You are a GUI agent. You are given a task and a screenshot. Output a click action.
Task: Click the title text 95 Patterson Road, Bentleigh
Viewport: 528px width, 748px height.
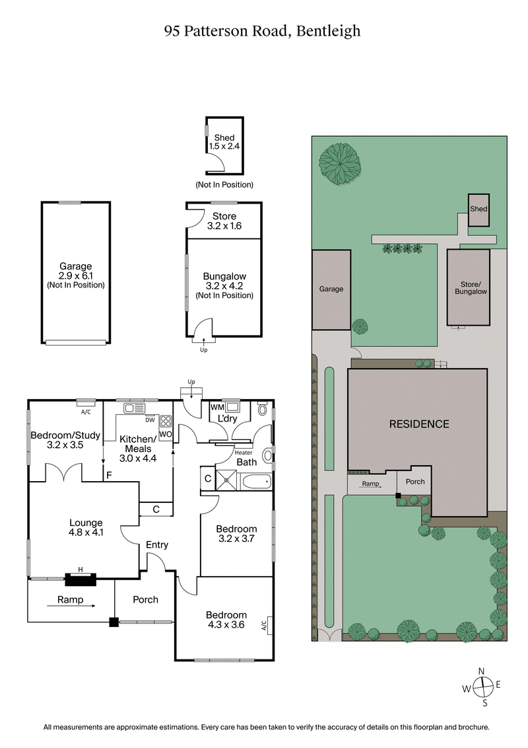point(263,31)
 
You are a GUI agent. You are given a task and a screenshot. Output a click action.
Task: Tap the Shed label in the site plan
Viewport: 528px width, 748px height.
point(478,209)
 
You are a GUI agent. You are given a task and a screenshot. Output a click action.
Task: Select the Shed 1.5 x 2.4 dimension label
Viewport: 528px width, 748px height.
point(224,142)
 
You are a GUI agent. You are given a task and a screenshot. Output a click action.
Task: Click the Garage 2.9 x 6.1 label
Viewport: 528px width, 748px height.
point(75,276)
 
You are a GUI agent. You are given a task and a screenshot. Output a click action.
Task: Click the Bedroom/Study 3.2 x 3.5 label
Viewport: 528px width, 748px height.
point(65,440)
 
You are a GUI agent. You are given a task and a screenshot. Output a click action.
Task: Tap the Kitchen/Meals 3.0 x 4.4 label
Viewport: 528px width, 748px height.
point(137,449)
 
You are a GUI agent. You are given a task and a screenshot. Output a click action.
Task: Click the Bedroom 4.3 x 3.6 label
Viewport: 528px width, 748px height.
point(226,620)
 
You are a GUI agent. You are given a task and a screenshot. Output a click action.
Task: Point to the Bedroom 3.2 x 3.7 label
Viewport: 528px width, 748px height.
point(236,534)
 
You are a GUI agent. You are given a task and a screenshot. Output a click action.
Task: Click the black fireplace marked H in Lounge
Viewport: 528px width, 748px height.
point(81,580)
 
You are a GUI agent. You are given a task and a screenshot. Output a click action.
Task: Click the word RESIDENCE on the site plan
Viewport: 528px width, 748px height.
point(418,424)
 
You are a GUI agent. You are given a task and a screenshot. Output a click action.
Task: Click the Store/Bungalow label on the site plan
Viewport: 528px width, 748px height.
point(469,287)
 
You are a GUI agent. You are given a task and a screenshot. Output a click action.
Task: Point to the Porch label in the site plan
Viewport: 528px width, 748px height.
point(415,482)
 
